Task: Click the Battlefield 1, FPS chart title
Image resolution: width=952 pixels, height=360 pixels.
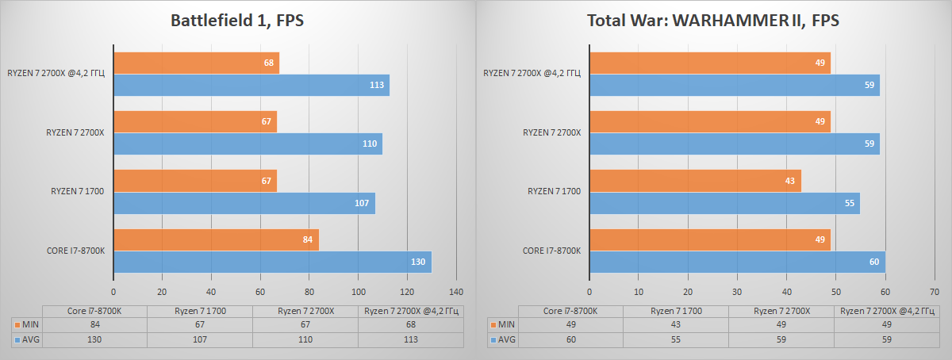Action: click(238, 21)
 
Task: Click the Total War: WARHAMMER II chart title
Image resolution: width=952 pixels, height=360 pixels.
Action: click(713, 21)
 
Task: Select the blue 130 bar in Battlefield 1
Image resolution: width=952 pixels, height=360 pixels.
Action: click(272, 262)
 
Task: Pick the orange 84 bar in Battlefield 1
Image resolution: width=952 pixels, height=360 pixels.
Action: click(216, 240)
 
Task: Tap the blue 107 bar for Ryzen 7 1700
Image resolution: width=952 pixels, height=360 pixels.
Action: click(244, 203)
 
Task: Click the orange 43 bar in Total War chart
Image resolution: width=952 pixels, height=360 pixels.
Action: click(695, 181)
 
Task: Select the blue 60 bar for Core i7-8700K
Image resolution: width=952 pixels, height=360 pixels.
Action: click(737, 262)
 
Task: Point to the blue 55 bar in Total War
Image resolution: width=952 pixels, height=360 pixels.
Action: click(724, 203)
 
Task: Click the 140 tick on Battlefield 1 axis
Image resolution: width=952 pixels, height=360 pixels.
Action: click(456, 291)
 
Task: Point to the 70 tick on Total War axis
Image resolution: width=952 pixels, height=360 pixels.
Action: click(935, 291)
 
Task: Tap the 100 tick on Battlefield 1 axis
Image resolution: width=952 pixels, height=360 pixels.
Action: click(358, 291)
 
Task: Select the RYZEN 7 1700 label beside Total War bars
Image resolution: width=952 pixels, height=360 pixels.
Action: click(555, 192)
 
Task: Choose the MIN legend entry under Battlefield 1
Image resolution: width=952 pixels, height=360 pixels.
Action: click(27, 324)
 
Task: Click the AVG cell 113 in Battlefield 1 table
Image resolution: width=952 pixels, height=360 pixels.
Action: click(410, 339)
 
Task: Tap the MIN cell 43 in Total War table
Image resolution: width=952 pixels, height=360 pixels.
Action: click(675, 324)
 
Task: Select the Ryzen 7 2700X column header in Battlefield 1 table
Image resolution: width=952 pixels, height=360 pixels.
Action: click(305, 311)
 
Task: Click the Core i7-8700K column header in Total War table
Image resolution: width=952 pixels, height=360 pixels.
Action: click(570, 311)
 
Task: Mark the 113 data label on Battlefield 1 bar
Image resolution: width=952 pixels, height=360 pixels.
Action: click(377, 86)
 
